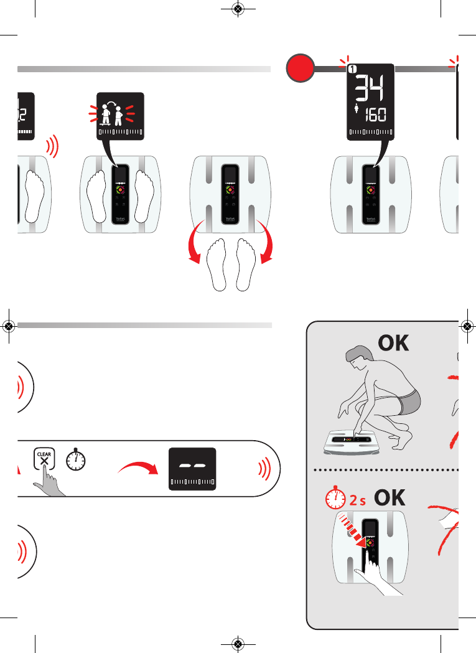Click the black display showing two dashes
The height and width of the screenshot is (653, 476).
tap(192, 469)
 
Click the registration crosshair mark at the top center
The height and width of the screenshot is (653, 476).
tap(237, 9)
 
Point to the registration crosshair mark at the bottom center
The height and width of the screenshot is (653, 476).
tap(237, 643)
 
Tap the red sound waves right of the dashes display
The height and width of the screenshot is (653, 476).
tap(264, 469)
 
